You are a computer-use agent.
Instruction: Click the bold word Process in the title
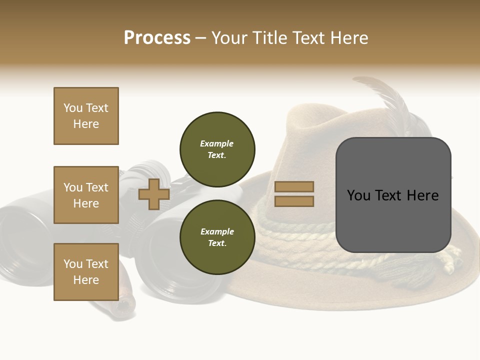coord(157,38)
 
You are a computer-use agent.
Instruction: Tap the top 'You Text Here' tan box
coord(86,116)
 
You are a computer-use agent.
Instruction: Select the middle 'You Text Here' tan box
coord(86,195)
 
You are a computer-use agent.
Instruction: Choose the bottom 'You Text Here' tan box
coord(86,272)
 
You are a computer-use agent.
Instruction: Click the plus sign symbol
coord(154,194)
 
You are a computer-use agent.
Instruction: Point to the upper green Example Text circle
coord(217,149)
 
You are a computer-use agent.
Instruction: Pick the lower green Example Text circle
coord(217,237)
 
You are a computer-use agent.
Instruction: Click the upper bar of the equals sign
coord(294,187)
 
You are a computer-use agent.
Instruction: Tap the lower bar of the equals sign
coord(294,201)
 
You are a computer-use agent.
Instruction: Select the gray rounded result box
coord(393,195)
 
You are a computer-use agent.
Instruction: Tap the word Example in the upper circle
coord(216,143)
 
